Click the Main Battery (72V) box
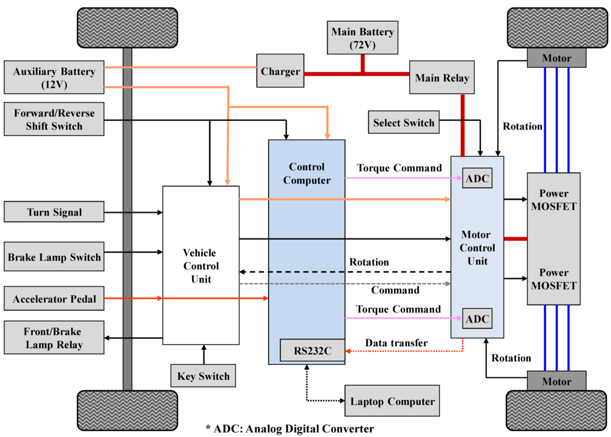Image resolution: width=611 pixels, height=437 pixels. point(362,38)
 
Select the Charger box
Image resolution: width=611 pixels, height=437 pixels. point(280,72)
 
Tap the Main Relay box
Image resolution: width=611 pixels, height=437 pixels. point(442,78)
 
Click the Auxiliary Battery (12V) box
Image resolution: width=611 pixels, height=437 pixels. point(54,78)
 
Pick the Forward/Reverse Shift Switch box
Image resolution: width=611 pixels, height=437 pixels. point(54,119)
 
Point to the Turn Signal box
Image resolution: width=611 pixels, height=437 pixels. point(54,212)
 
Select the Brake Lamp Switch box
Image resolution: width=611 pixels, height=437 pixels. point(54,258)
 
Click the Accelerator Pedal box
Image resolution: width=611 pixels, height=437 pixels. point(54,299)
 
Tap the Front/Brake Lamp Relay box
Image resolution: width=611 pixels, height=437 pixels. point(54,338)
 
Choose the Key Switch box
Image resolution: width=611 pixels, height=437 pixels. point(203,376)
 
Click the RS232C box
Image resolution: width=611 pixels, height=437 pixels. point(312,351)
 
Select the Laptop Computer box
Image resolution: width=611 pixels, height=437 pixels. point(392,401)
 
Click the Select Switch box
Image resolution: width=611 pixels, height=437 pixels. point(403,123)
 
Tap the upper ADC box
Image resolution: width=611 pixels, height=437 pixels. point(477,178)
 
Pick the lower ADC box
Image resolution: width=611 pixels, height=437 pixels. point(477,319)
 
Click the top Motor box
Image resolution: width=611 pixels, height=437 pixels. point(556,58)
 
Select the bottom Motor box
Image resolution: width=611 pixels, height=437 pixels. point(556,381)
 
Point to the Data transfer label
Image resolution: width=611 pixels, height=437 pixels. point(396,343)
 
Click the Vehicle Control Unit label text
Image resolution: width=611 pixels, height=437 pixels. point(200,266)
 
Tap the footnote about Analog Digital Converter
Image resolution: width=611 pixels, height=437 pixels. point(289,428)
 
